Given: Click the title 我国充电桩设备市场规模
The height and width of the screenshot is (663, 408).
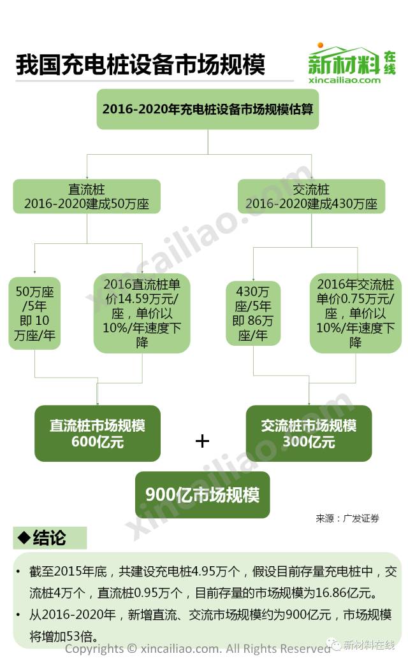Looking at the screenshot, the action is coord(140,65).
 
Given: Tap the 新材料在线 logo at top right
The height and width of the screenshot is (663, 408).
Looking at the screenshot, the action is coord(351,59).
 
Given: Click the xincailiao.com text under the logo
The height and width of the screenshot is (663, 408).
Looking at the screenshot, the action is coord(344,80).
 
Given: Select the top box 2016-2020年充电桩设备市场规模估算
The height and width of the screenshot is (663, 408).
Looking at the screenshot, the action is coord(207,109).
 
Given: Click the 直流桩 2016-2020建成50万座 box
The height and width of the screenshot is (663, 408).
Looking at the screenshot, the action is coord(87,196).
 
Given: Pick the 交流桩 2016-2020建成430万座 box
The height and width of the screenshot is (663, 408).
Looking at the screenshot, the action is coord(311,196).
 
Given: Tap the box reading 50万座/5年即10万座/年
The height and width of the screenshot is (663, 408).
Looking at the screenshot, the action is coord(34,313).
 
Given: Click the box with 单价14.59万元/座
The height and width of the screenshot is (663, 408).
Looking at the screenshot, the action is coord(142,313).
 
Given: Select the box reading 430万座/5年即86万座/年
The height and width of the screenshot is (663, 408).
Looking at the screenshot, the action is coord(253,313).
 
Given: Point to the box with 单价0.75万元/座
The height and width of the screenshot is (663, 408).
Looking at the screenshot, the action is coord(356,313).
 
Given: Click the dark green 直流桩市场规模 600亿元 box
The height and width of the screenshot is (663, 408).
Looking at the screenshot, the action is coord(98,433).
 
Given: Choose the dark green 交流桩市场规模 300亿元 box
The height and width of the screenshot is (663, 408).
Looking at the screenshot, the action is coord(309,433).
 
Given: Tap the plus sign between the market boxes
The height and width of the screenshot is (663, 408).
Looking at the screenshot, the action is coord(202,441).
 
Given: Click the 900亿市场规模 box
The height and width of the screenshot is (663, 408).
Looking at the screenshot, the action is coord(202,494).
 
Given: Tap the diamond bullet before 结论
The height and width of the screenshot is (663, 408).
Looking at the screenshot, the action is coord(24,538).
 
